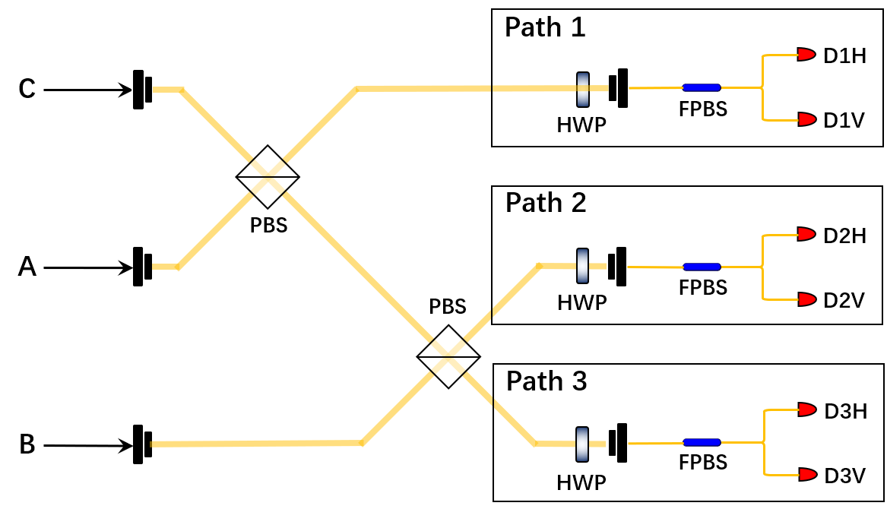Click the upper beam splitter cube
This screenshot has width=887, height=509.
[268, 177]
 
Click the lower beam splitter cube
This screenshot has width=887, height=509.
[448, 356]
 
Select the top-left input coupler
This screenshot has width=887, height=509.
[141, 90]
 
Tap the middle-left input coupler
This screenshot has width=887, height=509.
[141, 267]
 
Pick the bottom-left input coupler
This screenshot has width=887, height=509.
[141, 444]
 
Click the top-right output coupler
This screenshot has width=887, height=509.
[619, 88]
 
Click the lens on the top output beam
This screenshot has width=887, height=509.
[583, 89]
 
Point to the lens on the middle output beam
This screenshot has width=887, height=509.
[583, 266]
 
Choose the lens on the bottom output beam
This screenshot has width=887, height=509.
[582, 444]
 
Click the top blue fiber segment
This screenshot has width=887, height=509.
[702, 87]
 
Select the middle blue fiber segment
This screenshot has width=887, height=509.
[702, 267]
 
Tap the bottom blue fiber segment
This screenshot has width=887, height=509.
[702, 442]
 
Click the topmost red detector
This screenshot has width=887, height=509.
[806, 55]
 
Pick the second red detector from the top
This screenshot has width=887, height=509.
[806, 119]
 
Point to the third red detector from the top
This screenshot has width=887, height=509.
[806, 234]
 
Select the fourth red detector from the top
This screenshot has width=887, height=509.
[806, 299]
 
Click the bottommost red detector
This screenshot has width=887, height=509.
[807, 475]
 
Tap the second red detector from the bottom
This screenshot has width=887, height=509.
[806, 409]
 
